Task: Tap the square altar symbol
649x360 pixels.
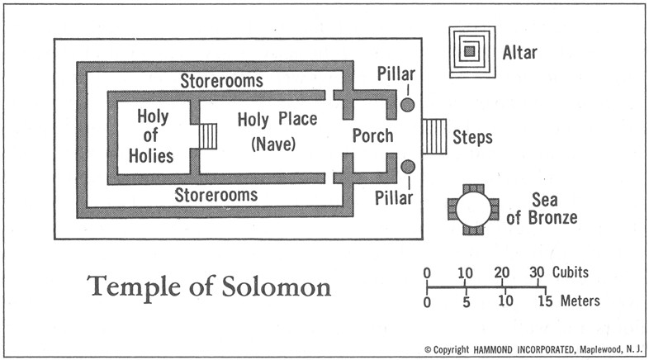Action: point(471,52)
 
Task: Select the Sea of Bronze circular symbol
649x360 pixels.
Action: point(471,210)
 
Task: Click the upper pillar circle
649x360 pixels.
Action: point(408,105)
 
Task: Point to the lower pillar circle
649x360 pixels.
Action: point(408,168)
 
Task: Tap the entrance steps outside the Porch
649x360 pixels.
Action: point(433,136)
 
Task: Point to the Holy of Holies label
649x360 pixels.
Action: point(154,135)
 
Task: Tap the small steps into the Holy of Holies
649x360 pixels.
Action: point(207,136)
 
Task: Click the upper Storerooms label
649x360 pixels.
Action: point(221,81)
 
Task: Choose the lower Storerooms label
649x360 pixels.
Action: point(216,195)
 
